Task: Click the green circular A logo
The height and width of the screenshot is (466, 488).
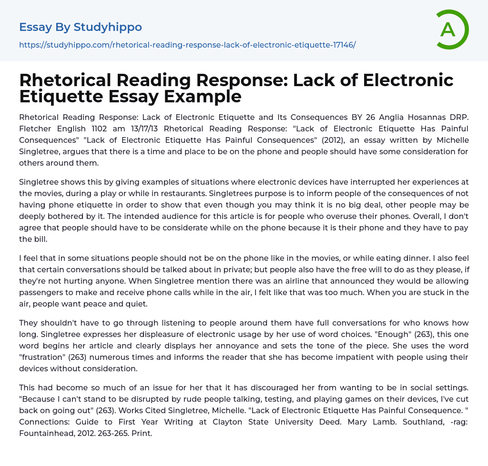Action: click(x=452, y=30)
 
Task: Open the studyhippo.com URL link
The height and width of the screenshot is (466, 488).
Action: click(x=187, y=45)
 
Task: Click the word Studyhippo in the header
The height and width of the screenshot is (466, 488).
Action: click(x=108, y=27)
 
